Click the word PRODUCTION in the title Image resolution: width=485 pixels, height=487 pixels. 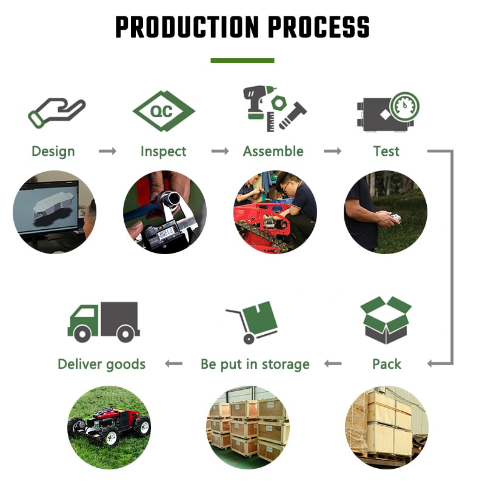pos(187,27)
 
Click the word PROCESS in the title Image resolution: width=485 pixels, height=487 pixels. pos(318,27)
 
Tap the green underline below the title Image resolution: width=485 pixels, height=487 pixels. pos(242,61)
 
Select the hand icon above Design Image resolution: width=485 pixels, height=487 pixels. pos(56,113)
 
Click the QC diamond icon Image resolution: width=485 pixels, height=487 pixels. pos(164,111)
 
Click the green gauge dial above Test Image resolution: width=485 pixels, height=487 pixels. pos(404,106)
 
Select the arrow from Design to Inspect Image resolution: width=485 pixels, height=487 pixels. pos(107,151)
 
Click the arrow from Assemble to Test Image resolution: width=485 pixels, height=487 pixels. pos(333,151)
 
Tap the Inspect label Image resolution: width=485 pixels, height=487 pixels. pos(163,152)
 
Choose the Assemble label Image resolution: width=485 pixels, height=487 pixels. pos(273,151)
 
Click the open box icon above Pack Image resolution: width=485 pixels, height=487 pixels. pos(386,320)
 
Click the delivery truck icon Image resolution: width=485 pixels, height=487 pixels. pos(104,322)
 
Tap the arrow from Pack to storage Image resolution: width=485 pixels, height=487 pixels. pos(333,364)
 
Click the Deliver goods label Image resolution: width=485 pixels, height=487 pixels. pos(101,364)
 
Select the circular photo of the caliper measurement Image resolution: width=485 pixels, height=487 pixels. pos(165,212)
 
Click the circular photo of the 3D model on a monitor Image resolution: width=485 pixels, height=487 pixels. pos(55,212)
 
